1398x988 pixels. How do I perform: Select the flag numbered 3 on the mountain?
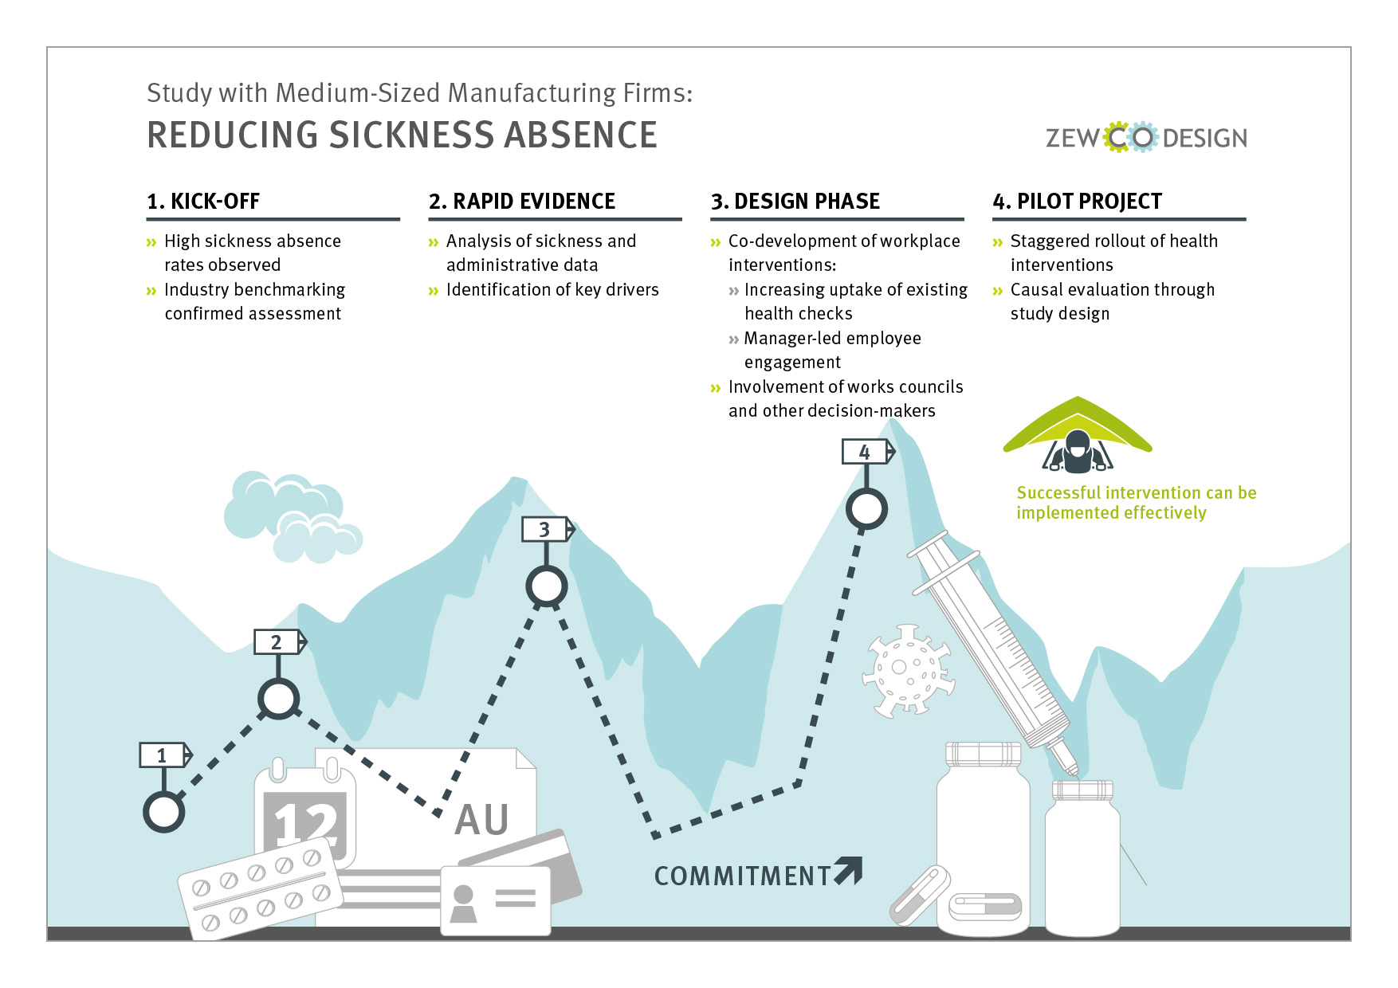coord(548,529)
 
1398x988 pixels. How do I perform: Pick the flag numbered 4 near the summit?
coord(868,452)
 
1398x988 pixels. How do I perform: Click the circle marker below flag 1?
coord(164,813)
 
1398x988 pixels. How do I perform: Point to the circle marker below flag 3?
coord(547,587)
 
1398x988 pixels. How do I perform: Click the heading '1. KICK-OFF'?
coord(203,201)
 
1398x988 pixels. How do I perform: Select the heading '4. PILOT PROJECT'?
coord(1078,201)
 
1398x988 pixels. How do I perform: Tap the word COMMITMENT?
coord(743,876)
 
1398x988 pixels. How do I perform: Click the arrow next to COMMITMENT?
coord(849,871)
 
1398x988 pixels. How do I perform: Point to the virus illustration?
coord(909,670)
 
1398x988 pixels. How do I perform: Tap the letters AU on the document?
coord(482,820)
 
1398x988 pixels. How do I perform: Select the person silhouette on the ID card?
coord(463,904)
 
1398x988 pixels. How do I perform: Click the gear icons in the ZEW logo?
coord(1131,137)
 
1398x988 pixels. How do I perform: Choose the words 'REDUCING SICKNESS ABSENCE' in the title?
coord(403,135)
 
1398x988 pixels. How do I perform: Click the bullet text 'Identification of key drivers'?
coord(552,290)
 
